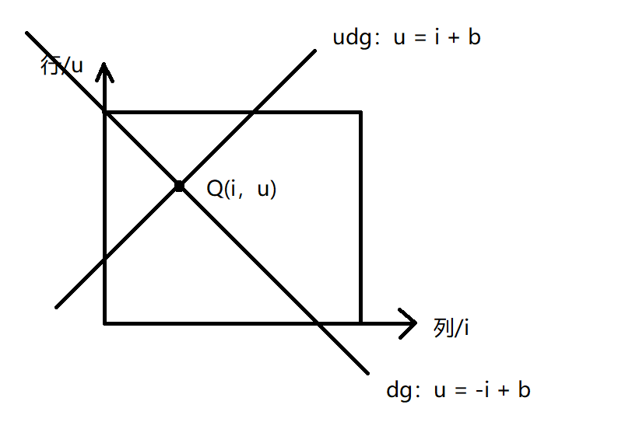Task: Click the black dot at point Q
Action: coord(179,187)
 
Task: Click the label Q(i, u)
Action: coord(241,188)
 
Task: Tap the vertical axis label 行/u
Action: coord(61,65)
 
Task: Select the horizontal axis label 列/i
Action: coord(451,328)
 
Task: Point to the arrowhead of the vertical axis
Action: coord(104,68)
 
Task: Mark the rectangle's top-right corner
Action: coord(360,113)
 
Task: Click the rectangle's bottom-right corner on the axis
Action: coord(360,323)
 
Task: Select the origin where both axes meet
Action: coord(104,323)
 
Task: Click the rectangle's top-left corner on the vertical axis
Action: coord(104,113)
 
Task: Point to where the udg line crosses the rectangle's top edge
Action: coord(253,113)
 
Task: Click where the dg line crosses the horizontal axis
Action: coord(315,323)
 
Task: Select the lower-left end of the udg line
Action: coord(57,306)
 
